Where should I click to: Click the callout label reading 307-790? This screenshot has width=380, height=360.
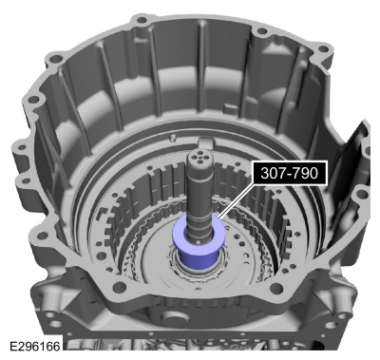pyautogui.click(x=289, y=173)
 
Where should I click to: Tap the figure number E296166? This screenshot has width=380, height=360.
pyautogui.click(x=35, y=346)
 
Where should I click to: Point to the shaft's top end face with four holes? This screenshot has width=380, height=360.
pyautogui.click(x=198, y=157)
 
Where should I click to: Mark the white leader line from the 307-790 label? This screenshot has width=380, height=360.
pyautogui.click(x=236, y=201)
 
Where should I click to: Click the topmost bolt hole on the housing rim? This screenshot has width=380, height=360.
pyautogui.click(x=142, y=20)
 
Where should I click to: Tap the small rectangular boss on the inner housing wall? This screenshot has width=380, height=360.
pyautogui.click(x=231, y=108)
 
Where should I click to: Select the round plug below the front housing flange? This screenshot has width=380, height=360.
pyautogui.click(x=173, y=320)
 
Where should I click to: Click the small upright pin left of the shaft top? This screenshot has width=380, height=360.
pyautogui.click(x=173, y=138)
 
